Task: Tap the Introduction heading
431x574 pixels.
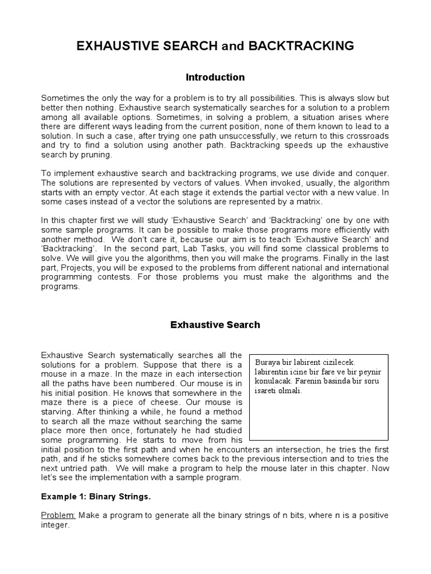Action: click(215, 77)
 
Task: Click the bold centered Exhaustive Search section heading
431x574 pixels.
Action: click(215, 325)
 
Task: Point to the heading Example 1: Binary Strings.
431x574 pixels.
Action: click(96, 497)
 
